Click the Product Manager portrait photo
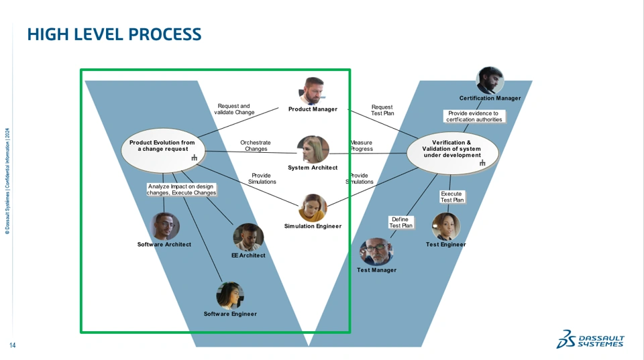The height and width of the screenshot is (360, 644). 313,91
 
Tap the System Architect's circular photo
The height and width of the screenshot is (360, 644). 313,149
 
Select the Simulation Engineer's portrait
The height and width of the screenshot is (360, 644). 313,208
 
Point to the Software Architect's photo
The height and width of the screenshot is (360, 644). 165,226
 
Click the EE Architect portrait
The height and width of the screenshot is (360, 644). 248,237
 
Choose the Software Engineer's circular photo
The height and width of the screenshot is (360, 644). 230,296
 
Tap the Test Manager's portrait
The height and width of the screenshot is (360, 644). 376,251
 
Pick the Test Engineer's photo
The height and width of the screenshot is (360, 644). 446,226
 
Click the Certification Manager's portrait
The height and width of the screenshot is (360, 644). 490,80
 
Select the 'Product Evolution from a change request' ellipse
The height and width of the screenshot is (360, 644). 163,151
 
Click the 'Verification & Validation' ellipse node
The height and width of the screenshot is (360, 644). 453,153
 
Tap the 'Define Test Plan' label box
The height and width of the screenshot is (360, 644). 401,223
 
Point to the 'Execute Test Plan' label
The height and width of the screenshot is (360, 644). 451,196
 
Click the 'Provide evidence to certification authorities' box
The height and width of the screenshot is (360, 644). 474,116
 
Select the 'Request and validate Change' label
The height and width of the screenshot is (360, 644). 234,109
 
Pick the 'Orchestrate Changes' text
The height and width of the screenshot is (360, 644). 256,145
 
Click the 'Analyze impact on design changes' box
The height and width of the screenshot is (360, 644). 181,189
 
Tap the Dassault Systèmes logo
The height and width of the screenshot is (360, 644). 590,339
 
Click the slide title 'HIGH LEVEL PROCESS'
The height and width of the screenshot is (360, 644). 114,34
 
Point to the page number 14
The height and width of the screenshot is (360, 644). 12,345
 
